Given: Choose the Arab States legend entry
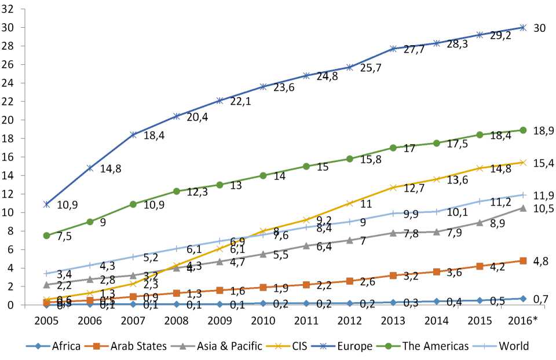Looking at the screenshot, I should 120,346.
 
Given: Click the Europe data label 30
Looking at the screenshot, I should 539,27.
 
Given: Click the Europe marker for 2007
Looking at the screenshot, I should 133,135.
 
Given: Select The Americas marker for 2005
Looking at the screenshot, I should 46,236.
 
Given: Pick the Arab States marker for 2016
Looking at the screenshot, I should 523,260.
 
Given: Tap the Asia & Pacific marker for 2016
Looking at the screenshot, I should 523,208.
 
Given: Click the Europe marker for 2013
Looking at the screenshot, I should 393,49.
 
